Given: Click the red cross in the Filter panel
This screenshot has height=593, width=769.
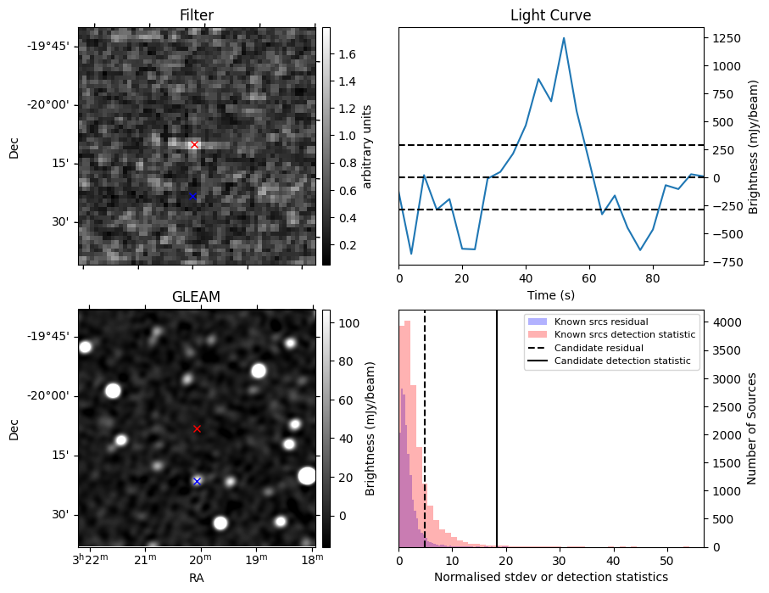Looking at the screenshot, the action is click(195, 145).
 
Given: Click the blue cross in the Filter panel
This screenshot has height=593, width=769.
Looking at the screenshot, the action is click(192, 196).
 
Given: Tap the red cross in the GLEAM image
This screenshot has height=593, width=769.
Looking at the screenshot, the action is click(198, 429).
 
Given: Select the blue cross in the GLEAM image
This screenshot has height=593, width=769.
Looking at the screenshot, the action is click(198, 482).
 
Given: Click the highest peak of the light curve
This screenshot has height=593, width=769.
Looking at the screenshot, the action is click(564, 38).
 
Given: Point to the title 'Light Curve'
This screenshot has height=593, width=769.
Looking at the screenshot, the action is click(551, 15).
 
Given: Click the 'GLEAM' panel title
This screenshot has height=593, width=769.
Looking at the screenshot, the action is click(196, 297).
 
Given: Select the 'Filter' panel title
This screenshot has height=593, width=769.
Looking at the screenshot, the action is click(197, 15).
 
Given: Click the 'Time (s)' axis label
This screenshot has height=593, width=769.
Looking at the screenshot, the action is click(551, 295).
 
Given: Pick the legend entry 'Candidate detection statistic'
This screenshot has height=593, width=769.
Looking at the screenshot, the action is click(622, 361).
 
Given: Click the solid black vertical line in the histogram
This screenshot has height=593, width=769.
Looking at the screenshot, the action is click(497, 428).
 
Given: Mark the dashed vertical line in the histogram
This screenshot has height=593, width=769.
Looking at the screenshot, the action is click(425, 428).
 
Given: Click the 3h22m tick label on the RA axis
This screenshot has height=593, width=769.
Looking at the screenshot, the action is click(90, 559).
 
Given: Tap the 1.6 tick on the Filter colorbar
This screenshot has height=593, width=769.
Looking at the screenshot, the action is click(347, 54).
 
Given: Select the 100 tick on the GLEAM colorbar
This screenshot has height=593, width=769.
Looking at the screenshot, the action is click(349, 323).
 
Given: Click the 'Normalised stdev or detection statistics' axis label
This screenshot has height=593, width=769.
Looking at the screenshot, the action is click(551, 577).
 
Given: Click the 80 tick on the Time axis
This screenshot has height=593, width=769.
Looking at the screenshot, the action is click(653, 279).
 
